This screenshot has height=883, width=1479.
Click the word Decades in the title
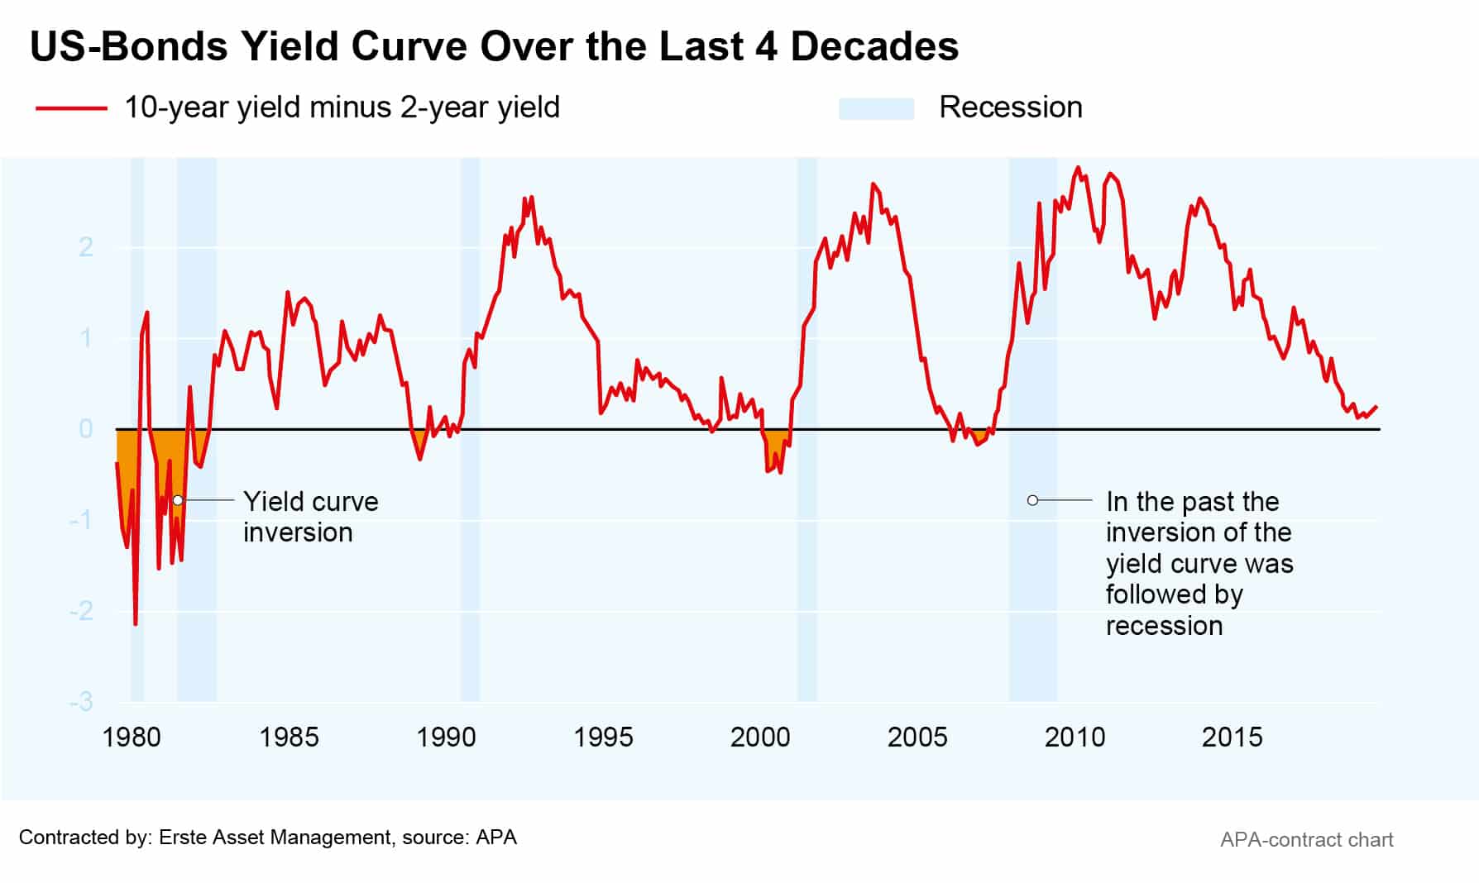coord(874,46)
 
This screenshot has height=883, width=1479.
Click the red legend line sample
coord(72,108)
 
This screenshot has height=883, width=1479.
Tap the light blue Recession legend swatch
coord(876,109)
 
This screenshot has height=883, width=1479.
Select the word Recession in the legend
coord(1010,107)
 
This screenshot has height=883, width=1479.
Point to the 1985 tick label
coord(289,737)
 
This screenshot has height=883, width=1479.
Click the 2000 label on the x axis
coord(760,737)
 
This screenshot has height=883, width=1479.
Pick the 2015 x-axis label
coord(1232,737)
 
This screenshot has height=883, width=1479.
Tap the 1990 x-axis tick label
coord(446,737)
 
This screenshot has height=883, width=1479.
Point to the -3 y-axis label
coord(81,702)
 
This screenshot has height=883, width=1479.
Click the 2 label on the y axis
coord(86,246)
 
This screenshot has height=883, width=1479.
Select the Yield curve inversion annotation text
coord(310,517)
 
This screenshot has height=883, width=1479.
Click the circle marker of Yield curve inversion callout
coord(178,500)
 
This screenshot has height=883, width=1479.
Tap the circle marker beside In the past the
coord(1032,500)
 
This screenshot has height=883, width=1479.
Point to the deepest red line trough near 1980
coord(136,623)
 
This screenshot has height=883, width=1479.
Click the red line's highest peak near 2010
coord(1077,169)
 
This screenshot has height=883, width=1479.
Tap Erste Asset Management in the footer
coord(275,838)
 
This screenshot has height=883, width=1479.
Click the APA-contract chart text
coord(1306,840)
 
